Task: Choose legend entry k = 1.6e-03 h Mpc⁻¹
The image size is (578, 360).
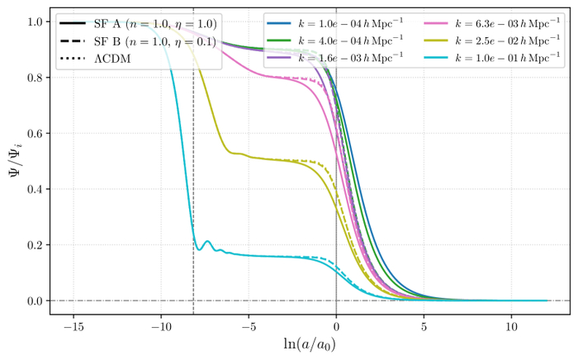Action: tap(348, 55)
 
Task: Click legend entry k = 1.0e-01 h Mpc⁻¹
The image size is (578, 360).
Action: tap(504, 55)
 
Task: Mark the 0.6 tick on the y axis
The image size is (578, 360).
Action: tap(33, 134)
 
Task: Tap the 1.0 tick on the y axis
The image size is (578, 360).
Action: tap(33, 22)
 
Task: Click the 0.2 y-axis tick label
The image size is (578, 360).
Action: tap(33, 245)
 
